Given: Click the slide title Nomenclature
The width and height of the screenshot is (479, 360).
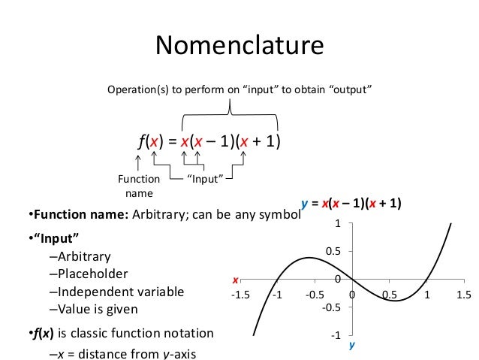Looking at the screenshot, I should pyautogui.click(x=239, y=46).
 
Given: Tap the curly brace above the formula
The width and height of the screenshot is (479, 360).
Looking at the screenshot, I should pyautogui.click(x=230, y=113).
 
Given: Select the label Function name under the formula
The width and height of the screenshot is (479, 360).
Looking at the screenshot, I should pyautogui.click(x=139, y=186).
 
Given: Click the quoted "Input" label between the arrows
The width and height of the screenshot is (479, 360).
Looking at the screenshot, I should pyautogui.click(x=201, y=179).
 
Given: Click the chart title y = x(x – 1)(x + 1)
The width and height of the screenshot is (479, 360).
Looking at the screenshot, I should pyautogui.click(x=351, y=203).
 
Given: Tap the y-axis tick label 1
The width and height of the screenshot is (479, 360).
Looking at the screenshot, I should pyautogui.click(x=339, y=224).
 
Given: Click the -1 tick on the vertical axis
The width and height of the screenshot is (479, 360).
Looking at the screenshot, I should pyautogui.click(x=337, y=335).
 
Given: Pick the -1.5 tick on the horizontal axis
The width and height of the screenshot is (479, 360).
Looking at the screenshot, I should pyautogui.click(x=240, y=294).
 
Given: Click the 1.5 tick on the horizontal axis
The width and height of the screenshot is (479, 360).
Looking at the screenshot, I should pyautogui.click(x=463, y=294).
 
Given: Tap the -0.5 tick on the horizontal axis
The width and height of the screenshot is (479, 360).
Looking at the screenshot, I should pyautogui.click(x=315, y=294).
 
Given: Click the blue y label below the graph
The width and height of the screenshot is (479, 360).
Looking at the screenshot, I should pyautogui.click(x=351, y=348).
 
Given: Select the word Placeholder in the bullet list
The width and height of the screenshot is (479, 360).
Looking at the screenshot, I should pyautogui.click(x=92, y=274).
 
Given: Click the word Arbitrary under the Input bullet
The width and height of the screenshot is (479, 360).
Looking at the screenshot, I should pyautogui.click(x=83, y=256).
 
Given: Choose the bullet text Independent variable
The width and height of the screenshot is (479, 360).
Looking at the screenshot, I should pyautogui.click(x=119, y=291).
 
